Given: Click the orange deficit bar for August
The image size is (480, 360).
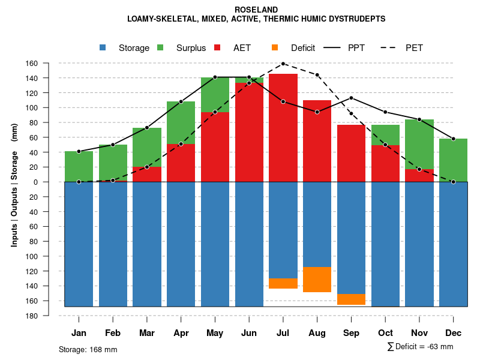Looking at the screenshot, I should coord(317,280).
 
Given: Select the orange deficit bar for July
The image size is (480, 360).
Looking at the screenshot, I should coord(283,283).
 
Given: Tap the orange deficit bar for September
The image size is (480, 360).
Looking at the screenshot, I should coord(351,299).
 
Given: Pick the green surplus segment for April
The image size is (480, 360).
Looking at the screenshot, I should coord(181,122).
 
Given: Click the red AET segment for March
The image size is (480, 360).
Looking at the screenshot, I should coord(147,174).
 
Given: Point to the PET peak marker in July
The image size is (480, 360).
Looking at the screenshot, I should coord(283,64).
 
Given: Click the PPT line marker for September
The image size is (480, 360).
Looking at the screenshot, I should coord(351,98).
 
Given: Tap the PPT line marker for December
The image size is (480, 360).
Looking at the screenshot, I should coord(454,139).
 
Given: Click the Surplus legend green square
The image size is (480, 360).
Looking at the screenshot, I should coord(161,48).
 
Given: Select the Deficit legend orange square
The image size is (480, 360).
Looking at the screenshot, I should coord(275,48).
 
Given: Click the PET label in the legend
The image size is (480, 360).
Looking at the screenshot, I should coord(414,48).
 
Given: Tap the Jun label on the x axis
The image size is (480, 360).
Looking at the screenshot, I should coord(249,333).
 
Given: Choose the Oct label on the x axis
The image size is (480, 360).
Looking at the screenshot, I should coord(385,333).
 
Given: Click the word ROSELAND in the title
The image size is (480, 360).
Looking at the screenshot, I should coord(256,10).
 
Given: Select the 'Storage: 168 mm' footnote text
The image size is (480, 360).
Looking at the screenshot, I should coord(88,349).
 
